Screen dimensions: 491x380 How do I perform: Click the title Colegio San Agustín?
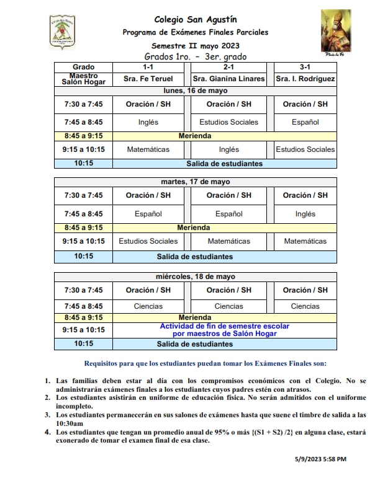(196, 20)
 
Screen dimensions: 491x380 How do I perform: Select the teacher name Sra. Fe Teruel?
(148, 79)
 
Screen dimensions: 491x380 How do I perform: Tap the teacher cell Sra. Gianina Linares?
(228, 79)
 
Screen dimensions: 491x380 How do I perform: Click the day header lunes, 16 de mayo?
(195, 90)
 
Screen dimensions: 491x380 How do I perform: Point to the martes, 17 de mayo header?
(195, 182)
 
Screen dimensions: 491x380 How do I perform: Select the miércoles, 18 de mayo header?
(195, 276)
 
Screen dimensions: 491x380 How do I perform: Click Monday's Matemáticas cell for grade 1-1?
(148, 149)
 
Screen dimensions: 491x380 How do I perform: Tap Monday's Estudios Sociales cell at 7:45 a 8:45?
(228, 122)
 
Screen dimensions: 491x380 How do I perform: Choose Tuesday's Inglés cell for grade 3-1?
(305, 214)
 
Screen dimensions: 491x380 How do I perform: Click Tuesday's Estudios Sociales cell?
(148, 241)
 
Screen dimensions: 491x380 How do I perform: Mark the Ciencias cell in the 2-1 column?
(228, 306)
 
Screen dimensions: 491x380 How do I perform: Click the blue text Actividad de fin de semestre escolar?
(225, 326)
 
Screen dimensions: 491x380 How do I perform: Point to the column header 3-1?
(305, 66)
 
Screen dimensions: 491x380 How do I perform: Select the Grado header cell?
(83, 66)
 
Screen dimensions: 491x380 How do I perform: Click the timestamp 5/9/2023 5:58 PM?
(320, 459)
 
